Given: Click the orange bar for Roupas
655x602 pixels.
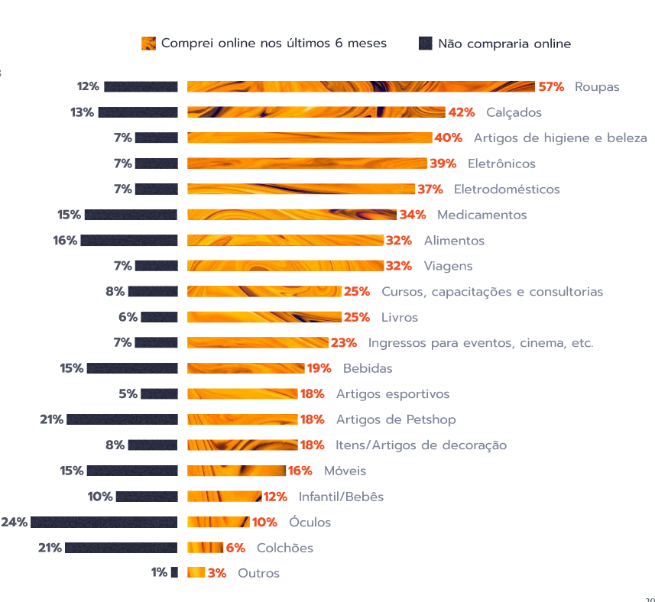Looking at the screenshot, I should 361,86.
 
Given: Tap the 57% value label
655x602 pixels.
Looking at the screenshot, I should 551,86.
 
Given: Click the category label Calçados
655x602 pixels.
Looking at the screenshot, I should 514,112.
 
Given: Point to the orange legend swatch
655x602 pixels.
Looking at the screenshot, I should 149,44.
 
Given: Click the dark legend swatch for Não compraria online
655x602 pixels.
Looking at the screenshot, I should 426,44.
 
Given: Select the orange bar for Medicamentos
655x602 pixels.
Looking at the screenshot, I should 292,215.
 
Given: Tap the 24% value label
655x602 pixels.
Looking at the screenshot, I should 15,522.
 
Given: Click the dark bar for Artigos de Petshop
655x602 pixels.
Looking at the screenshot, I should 122,419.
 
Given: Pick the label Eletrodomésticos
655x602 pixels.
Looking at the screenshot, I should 507,189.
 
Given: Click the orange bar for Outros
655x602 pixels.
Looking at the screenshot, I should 196,573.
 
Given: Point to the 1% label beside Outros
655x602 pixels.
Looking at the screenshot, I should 159,573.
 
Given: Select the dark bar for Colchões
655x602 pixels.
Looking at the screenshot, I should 122,547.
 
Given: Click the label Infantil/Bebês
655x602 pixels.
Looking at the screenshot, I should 341,497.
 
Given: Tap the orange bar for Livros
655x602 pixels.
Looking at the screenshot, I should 264,317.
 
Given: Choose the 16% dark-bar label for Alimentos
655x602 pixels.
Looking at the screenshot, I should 65,240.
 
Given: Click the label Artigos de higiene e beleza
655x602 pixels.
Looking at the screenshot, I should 560,138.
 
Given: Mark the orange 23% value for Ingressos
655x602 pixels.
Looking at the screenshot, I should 344,342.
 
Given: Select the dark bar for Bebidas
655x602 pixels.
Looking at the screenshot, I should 132,368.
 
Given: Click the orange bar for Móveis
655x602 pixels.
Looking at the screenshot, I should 236,471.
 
